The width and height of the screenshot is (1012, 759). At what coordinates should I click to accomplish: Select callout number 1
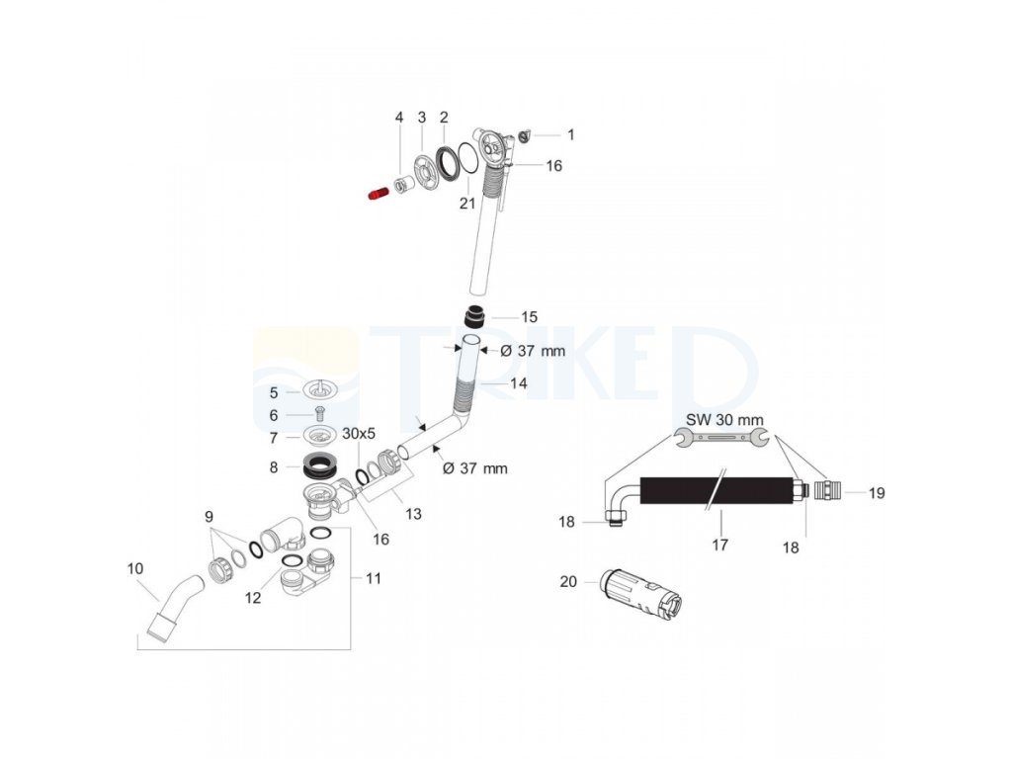click(x=569, y=134)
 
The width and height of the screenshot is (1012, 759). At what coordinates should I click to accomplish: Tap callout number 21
click(x=467, y=203)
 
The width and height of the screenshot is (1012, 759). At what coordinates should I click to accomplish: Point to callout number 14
click(x=519, y=382)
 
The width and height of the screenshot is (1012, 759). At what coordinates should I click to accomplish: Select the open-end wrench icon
click(x=719, y=438)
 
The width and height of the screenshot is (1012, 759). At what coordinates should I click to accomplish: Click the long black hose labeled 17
click(x=717, y=490)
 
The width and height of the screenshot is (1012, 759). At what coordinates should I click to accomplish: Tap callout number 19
click(x=877, y=491)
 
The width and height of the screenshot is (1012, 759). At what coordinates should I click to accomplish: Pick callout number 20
click(x=568, y=582)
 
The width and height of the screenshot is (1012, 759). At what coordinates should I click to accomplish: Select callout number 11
click(x=372, y=578)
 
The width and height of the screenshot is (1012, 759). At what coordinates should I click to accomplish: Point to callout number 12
click(x=254, y=597)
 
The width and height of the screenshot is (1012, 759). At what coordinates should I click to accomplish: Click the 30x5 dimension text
click(x=359, y=434)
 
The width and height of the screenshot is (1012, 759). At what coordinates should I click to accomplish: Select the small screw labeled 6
click(x=319, y=413)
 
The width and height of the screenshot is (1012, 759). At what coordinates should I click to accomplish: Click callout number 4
click(x=399, y=118)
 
